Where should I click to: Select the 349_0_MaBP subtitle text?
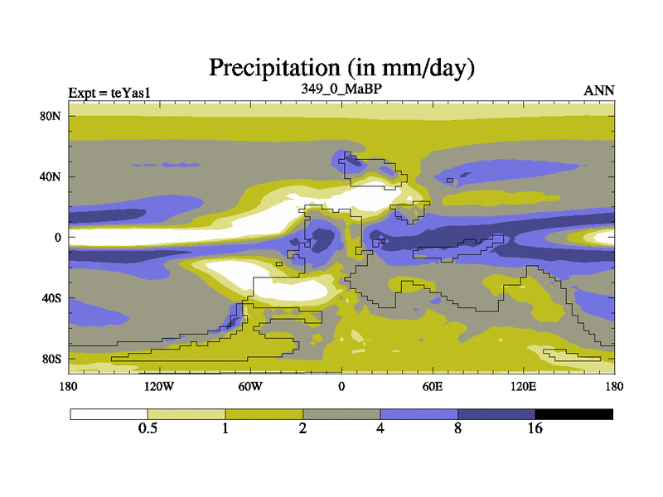[341, 88]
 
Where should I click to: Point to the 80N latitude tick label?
[51, 116]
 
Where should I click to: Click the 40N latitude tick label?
[51, 176]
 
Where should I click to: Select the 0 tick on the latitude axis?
[58, 238]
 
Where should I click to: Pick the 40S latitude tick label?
[51, 298]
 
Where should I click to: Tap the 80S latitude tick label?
[51, 359]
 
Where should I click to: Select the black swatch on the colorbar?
[574, 413]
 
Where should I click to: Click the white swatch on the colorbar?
[109, 413]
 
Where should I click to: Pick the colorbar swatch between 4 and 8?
[419, 413]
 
